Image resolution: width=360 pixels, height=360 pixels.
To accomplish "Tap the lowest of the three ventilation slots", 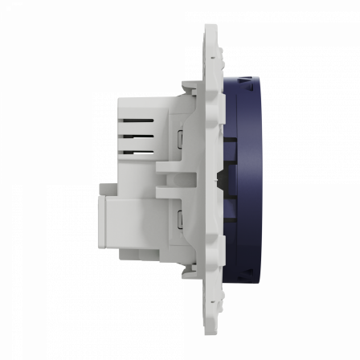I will point(138,150).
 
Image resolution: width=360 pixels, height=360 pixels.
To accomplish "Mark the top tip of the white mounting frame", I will point(211,27).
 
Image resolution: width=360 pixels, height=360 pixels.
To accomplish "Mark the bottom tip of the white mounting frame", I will point(211,331).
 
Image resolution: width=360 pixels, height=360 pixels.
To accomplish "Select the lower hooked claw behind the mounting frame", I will point(186,273).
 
